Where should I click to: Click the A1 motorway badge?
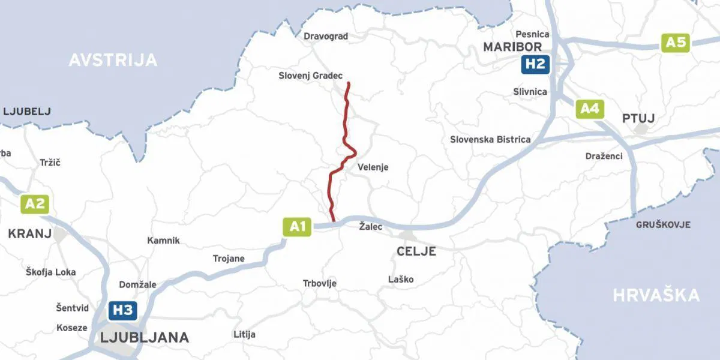coord(297,227)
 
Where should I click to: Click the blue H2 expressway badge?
coord(535,64)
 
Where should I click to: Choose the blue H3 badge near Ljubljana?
coord(123,310)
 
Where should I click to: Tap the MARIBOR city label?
coord(512,47)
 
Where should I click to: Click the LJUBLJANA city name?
coord(145,337)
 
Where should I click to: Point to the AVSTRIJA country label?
coord(113,60)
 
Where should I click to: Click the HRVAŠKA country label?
coord(656,295)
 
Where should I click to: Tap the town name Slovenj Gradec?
coord(310,76)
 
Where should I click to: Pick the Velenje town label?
coord(373,167)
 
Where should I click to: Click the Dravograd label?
coord(326,36)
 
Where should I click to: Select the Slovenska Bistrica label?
coord(490,139)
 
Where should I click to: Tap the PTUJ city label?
coord(638,118)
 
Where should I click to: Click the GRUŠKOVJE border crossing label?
coord(663,225)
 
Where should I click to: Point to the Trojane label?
coord(229,259)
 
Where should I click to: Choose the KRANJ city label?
coord(29,234)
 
